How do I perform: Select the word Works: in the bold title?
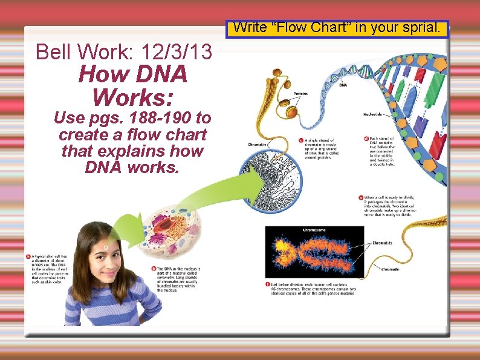pos(132,97)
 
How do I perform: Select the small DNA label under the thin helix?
pos(343,85)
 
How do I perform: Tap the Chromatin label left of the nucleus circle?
pos(257,145)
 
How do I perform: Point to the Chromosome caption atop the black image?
pos(314,230)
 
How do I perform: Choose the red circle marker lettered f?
pos(268,284)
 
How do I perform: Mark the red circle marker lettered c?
pos(301,140)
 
